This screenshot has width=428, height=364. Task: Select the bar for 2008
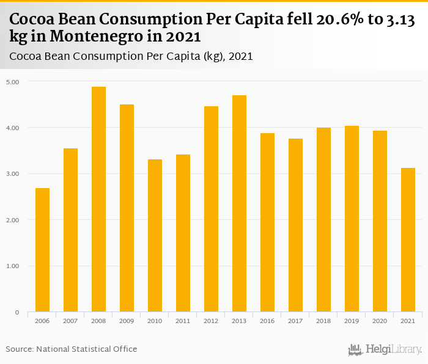click(x=98, y=199)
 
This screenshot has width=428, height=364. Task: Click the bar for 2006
click(x=42, y=250)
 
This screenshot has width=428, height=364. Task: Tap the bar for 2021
click(x=408, y=240)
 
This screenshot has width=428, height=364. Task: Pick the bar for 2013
click(x=239, y=203)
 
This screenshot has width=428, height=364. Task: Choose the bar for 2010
click(x=155, y=236)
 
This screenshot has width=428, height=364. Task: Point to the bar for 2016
click(x=267, y=222)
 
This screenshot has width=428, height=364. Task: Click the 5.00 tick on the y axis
click(x=13, y=82)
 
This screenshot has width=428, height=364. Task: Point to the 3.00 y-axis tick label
click(x=13, y=174)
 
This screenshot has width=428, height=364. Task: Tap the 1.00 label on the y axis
click(x=13, y=266)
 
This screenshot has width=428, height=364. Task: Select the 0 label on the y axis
click(x=17, y=313)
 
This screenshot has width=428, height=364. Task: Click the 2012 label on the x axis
click(x=211, y=321)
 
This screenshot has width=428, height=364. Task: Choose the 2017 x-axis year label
click(x=295, y=321)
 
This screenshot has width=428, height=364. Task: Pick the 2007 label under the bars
click(x=70, y=321)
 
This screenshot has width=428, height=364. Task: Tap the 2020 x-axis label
click(x=380, y=321)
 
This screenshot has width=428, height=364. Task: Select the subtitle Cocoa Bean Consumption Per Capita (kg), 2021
click(x=131, y=57)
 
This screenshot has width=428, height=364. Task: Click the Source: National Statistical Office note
click(x=72, y=349)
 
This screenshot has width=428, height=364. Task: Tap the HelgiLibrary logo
click(x=385, y=350)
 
